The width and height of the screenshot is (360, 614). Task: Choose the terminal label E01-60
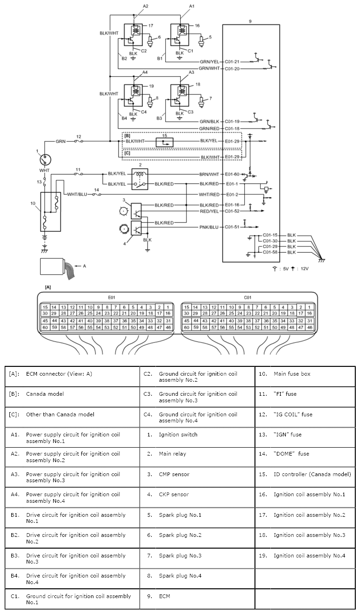tap(232, 173)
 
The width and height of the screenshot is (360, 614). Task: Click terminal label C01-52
tap(232, 211)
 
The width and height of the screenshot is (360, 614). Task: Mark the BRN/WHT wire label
tap(209, 173)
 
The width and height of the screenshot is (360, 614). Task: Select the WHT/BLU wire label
tap(78, 194)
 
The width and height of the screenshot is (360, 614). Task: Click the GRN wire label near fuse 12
tap(61, 141)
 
